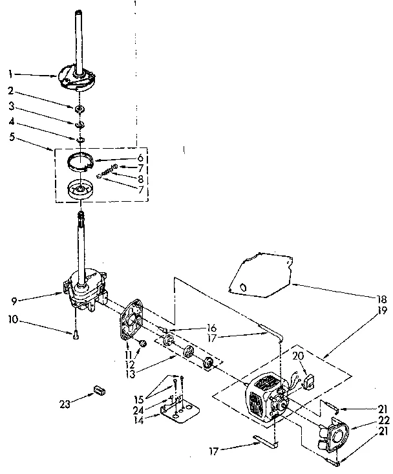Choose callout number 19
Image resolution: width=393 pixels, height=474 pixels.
(381, 311)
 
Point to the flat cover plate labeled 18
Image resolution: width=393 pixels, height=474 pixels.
(259, 275)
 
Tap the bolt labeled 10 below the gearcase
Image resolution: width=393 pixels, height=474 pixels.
(76, 334)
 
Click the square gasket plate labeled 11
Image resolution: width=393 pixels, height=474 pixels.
(136, 319)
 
